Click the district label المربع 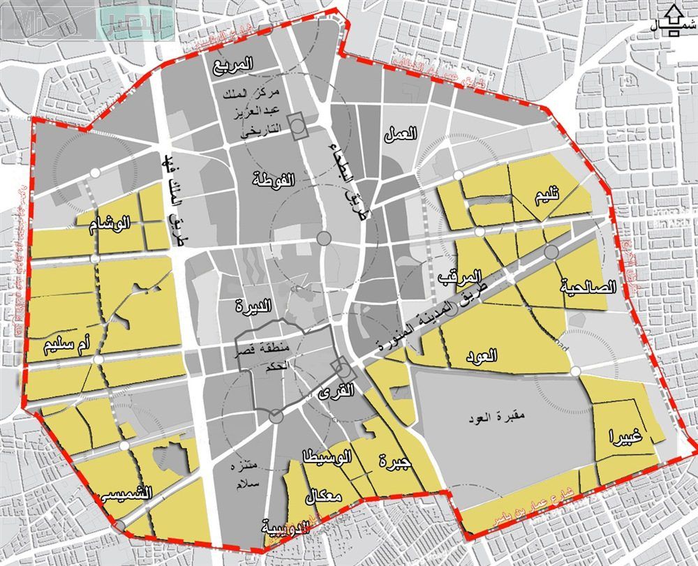click(234, 66)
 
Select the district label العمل click(400, 134)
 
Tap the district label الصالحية click(588, 287)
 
